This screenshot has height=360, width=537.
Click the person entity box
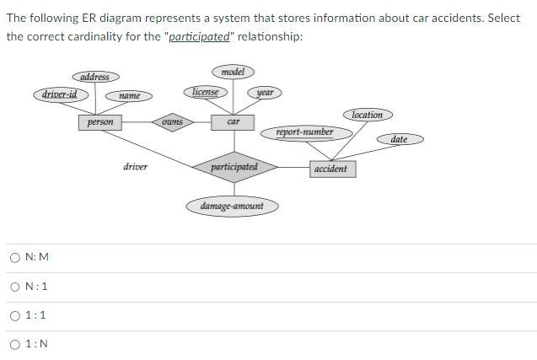click(x=100, y=122)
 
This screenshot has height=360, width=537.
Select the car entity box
click(x=234, y=122)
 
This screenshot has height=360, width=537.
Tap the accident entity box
click(x=330, y=169)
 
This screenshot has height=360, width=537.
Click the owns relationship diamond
click(x=172, y=122)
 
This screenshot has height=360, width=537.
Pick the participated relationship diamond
click(x=234, y=167)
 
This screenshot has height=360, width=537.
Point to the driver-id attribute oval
click(x=60, y=94)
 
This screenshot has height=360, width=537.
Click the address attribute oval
click(x=94, y=77)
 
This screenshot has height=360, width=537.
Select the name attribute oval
click(x=129, y=96)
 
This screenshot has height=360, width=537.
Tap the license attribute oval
click(x=205, y=91)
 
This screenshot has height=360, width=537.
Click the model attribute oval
click(x=233, y=73)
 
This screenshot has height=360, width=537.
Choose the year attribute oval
click(x=265, y=92)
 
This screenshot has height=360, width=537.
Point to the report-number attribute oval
click(x=304, y=132)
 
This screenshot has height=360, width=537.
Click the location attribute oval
click(x=367, y=115)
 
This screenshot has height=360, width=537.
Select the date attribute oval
click(x=400, y=139)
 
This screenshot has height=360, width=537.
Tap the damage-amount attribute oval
click(x=232, y=206)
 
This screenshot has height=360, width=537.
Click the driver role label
click(x=135, y=167)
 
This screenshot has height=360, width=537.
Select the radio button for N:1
click(x=16, y=287)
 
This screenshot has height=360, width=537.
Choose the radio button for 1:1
click(x=16, y=315)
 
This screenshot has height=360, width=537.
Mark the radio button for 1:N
click(x=16, y=344)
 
